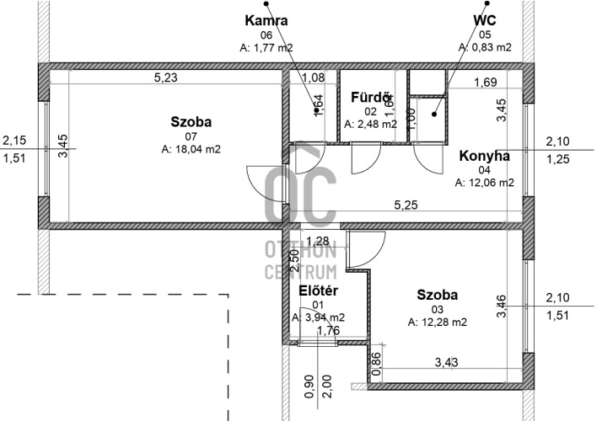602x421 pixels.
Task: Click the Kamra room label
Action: [x=266, y=20]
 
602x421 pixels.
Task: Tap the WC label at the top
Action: [x=485, y=20]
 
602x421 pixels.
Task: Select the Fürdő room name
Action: [x=370, y=98]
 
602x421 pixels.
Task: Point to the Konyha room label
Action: [x=485, y=156]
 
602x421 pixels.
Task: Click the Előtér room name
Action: [x=318, y=290]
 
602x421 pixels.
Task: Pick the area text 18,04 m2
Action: [x=191, y=149]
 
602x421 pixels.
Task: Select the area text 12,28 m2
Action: [x=438, y=322]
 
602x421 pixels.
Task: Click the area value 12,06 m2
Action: [x=485, y=183]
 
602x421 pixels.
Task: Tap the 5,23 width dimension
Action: [x=166, y=77]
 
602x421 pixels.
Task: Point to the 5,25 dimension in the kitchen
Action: [x=406, y=205]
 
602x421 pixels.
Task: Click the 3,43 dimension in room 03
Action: [x=446, y=362]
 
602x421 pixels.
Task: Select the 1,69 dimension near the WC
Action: [x=486, y=82]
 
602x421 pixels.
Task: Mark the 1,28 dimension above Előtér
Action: [x=318, y=241]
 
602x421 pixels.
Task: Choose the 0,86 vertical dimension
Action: [x=377, y=365]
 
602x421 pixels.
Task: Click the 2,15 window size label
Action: [x=14, y=141]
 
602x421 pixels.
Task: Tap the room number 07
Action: [x=191, y=136]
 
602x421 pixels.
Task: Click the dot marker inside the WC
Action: [x=434, y=114]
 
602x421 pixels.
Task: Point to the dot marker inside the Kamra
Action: [x=316, y=110]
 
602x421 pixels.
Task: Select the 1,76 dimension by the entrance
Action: [x=329, y=330]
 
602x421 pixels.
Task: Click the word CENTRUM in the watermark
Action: [x=301, y=272]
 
